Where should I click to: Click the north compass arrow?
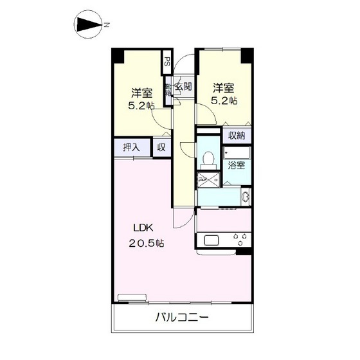coord(89,26)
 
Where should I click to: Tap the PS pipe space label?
coord(166,63)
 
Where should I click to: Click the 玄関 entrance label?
coord(183,87)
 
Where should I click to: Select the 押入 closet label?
coord(132,148)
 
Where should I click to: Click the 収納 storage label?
coord(237,136)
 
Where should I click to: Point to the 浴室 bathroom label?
coord(237,165)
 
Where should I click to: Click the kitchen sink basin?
coord(213,241)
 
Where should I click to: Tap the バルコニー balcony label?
coord(181,317)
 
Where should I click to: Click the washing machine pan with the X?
coord(208,178)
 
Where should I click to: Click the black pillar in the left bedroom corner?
coord(117,55)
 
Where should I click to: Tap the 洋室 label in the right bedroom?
coord(224,87)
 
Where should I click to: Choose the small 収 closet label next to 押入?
coord(161,148)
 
